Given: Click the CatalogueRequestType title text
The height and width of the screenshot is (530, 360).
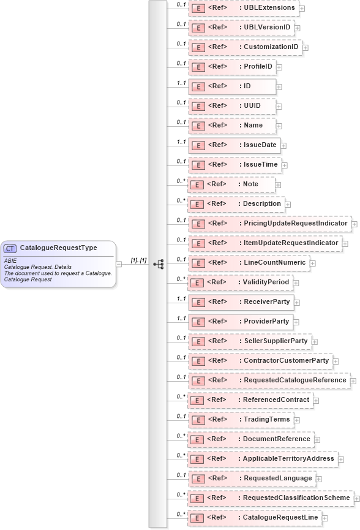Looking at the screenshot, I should pos(58,248).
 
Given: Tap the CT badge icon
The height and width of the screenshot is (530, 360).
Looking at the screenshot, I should pos(10,248).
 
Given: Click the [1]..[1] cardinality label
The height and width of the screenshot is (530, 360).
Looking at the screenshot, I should pos(138,260).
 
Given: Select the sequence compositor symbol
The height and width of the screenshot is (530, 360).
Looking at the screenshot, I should pos(159,264).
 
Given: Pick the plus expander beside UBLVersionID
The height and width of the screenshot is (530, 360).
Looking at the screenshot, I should pos(298,28).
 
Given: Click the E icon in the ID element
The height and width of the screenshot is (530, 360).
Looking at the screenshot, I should pos(198,86).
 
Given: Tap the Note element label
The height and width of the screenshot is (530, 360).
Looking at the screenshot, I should pos(251,184).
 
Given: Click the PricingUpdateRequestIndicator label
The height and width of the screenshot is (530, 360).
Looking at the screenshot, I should pos(296,223).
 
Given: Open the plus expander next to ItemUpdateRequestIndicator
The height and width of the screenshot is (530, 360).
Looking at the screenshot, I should pos(345,243).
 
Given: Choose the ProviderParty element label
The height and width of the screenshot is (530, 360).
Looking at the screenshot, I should pos(266,321).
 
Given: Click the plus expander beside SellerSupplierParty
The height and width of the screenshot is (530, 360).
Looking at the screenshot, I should pos(315,341).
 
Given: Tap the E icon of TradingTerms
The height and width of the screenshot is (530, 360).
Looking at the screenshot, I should pos(198,420).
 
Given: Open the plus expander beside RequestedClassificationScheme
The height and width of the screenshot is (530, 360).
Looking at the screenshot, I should pos(356,498).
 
